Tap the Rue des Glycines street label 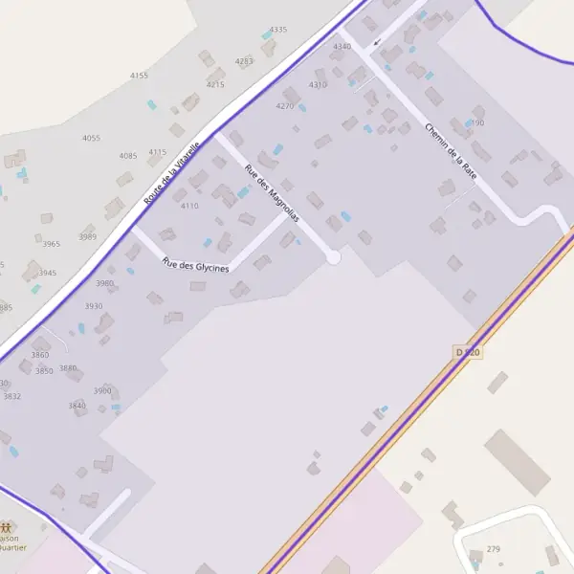point(196,266)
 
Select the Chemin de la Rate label point(451,151)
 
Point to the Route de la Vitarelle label point(172,173)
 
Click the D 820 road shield point(468,353)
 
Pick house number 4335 point(278,30)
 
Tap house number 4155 point(139,76)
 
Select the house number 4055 point(91,138)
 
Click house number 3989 point(88,236)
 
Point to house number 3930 point(93,306)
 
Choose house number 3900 point(102,390)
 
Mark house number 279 point(494,548)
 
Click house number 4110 point(189,206)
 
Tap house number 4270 point(285,105)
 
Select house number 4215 point(215,84)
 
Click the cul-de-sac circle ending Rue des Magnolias point(333,256)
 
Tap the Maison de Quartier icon point(8,527)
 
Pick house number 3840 point(77,406)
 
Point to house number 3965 point(51,244)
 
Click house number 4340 point(342,46)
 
